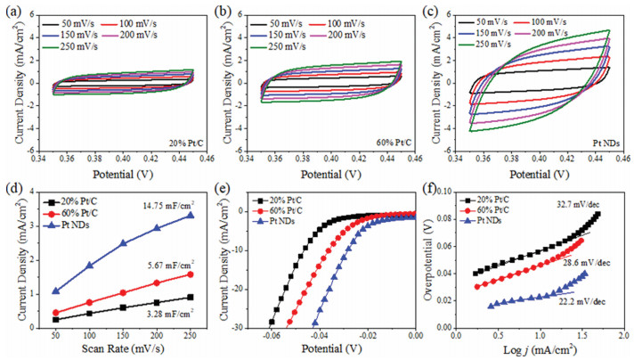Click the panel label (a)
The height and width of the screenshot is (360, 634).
coord(12,11)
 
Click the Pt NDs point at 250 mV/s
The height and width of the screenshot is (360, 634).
coord(191,216)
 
